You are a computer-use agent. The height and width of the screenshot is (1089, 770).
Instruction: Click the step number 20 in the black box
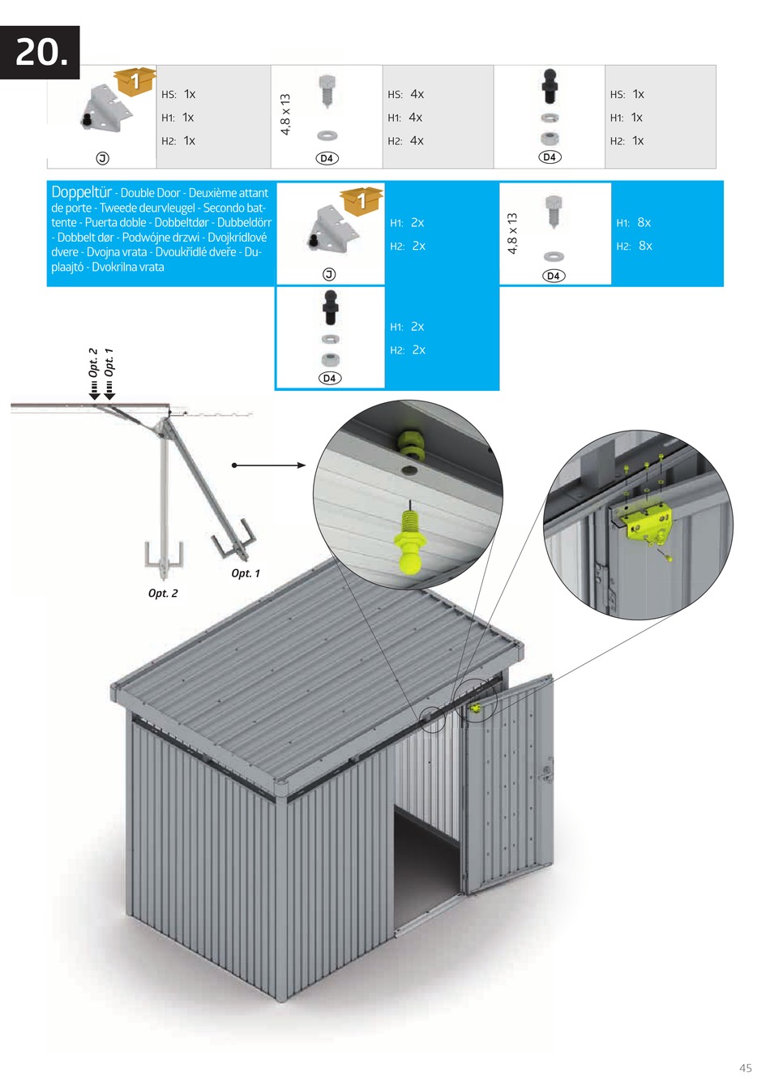click(41, 53)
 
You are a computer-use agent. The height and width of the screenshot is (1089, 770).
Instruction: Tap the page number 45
click(745, 1068)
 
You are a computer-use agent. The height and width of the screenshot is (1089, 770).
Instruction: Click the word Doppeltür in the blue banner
click(81, 192)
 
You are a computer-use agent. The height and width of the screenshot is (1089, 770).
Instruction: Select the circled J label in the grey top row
click(103, 158)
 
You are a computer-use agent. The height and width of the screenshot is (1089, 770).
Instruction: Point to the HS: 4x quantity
click(406, 94)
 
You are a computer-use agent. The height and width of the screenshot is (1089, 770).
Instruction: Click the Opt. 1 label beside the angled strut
click(246, 573)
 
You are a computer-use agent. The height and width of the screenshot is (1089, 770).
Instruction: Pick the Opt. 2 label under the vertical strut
click(163, 594)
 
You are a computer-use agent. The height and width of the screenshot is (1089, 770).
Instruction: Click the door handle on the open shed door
click(548, 770)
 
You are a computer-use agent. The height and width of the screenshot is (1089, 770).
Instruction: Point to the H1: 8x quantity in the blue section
click(634, 222)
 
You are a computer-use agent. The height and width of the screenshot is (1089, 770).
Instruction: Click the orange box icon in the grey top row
click(135, 80)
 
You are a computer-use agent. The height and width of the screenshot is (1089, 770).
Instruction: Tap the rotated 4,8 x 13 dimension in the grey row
click(285, 114)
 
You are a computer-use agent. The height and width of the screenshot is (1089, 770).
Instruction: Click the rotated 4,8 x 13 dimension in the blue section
click(512, 234)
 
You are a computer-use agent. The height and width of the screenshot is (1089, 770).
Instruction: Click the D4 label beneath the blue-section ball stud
click(329, 378)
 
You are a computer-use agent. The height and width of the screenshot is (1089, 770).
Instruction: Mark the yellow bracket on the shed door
click(475, 708)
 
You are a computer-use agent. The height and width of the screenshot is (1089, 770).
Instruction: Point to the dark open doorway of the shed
click(426, 860)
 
